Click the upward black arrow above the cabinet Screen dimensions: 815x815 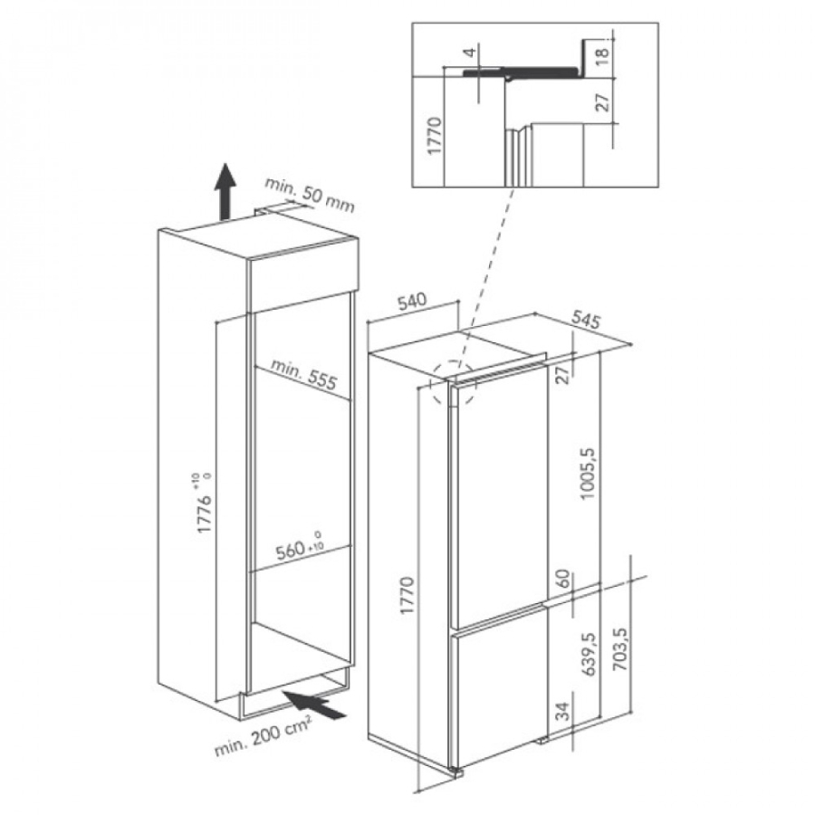click(225, 192)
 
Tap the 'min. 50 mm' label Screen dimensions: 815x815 click(310, 195)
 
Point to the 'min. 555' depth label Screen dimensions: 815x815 click(303, 374)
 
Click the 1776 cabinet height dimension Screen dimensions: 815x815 click(205, 503)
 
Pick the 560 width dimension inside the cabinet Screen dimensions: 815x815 click(300, 547)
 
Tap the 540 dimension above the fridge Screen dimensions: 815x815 click(412, 301)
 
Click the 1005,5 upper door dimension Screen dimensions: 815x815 click(588, 473)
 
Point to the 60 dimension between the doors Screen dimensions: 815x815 click(564, 579)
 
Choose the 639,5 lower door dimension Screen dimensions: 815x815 click(588, 654)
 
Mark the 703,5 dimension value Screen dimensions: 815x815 click(620, 648)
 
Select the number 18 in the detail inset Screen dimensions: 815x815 click(601, 55)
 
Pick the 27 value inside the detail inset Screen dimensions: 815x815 click(601, 101)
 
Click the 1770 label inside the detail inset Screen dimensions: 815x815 click(434, 136)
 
